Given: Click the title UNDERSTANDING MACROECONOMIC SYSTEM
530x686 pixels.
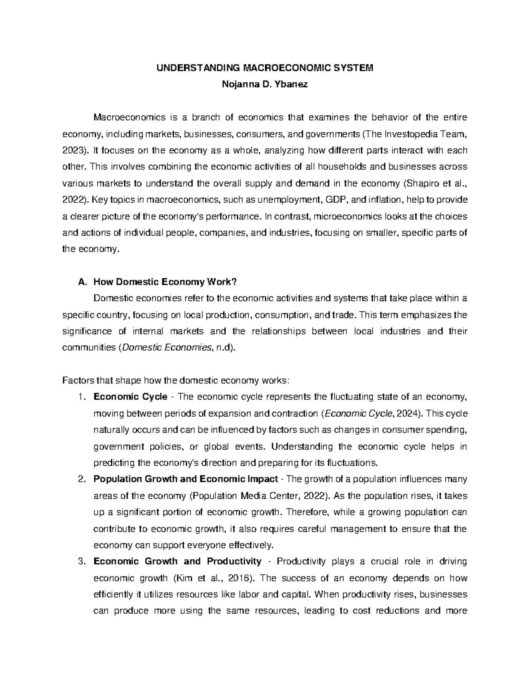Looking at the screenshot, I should pos(265,68).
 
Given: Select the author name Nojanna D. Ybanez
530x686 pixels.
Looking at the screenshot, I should pos(265,85).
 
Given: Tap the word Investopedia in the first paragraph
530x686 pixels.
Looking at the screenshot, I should pos(413,134).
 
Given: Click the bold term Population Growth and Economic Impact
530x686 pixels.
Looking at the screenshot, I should pos(185,479).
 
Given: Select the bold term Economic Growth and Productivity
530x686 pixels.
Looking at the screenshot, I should pos(177,561).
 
